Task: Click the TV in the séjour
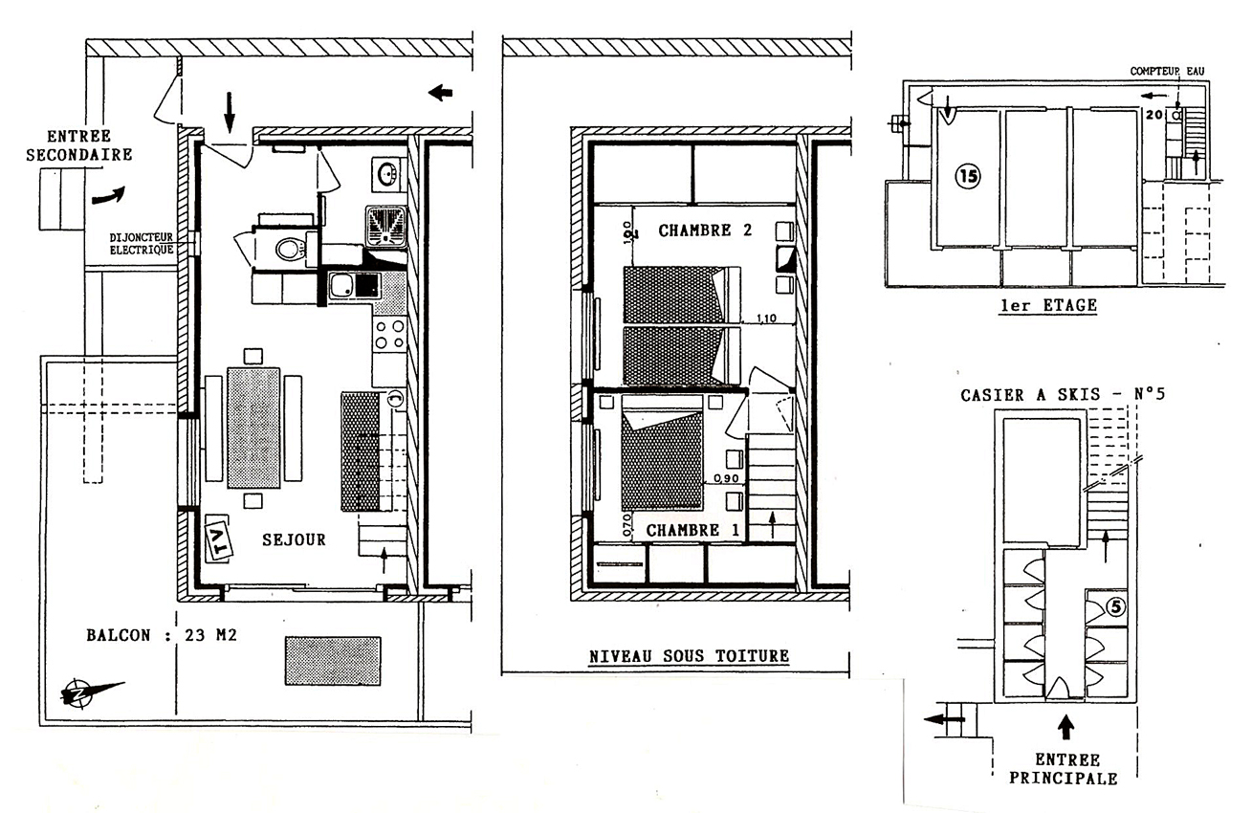pyautogui.click(x=218, y=538)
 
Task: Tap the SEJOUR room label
pyautogui.click(x=294, y=539)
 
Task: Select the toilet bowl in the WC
pyautogui.click(x=291, y=249)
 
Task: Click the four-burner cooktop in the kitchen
pyautogui.click(x=389, y=334)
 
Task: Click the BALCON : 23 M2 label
pyautogui.click(x=162, y=635)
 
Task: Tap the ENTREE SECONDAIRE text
pyautogui.click(x=78, y=145)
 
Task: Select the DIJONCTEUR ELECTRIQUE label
pyautogui.click(x=142, y=244)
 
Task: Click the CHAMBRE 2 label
pyautogui.click(x=705, y=231)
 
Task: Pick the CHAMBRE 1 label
pyautogui.click(x=692, y=530)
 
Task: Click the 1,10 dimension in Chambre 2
pyautogui.click(x=766, y=319)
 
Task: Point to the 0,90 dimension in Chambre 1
pyautogui.click(x=727, y=479)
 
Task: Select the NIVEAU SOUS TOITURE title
pyautogui.click(x=690, y=656)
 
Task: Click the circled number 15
pyautogui.click(x=968, y=177)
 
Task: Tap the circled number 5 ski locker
pyautogui.click(x=1115, y=606)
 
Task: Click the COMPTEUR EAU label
pyautogui.click(x=1167, y=71)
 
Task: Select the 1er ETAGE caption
pyautogui.click(x=1048, y=306)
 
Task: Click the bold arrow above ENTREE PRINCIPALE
pyautogui.click(x=1065, y=727)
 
